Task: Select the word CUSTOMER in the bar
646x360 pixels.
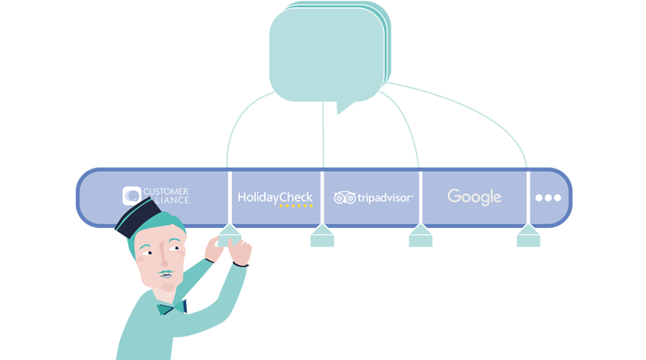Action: pyautogui.click(x=166, y=191)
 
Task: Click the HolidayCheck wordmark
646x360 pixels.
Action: pyautogui.click(x=275, y=196)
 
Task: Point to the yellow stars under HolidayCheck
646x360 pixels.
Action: pyautogui.click(x=296, y=206)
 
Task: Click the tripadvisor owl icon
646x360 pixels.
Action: pyautogui.click(x=345, y=197)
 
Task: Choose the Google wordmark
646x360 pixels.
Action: pyautogui.click(x=474, y=197)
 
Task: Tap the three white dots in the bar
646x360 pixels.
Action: pyautogui.click(x=548, y=197)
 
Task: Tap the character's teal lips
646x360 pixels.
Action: pyautogui.click(x=167, y=275)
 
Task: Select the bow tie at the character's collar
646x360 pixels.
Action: pyautogui.click(x=190, y=305)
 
